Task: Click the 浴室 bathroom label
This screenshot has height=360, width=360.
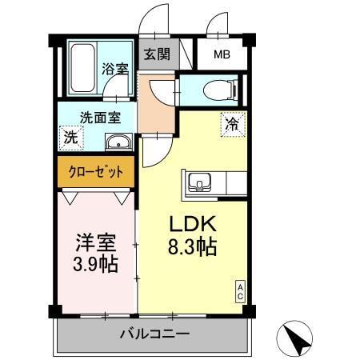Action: [x=114, y=69]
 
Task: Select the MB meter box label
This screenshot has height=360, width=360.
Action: [x=222, y=55]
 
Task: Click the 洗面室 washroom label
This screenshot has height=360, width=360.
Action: [x=99, y=117]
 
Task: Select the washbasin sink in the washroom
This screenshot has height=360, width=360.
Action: [x=118, y=143]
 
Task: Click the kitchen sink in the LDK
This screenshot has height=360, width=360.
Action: [x=198, y=184]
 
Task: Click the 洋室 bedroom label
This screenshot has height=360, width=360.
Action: [x=94, y=240]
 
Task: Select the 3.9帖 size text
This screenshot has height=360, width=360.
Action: [x=94, y=264]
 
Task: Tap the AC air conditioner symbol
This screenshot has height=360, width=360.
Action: [x=238, y=291]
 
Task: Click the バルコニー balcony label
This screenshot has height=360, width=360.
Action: [x=155, y=333]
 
